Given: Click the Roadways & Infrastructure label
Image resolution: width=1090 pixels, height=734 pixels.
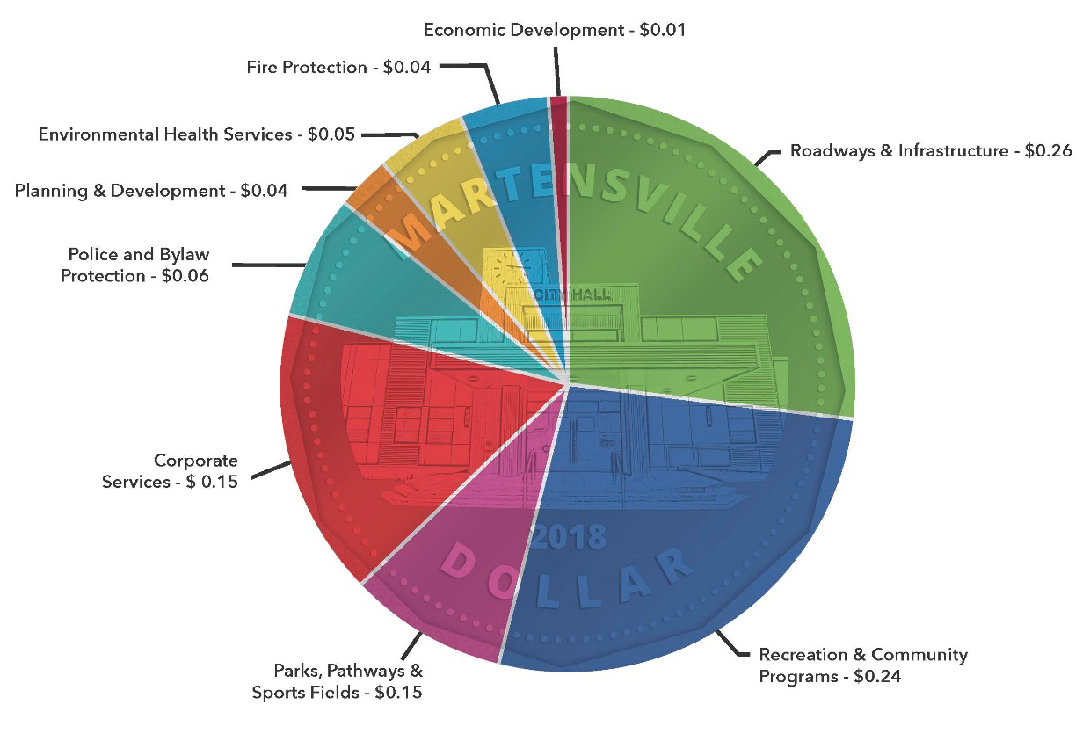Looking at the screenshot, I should click(930, 150).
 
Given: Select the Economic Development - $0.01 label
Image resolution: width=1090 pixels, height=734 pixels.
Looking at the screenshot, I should click(554, 30).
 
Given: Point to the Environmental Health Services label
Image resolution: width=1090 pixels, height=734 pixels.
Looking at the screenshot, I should click(196, 134).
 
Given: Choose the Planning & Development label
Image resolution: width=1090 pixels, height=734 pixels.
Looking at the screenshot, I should click(150, 190).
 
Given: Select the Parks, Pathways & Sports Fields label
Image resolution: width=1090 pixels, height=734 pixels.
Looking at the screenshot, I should click(338, 681).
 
